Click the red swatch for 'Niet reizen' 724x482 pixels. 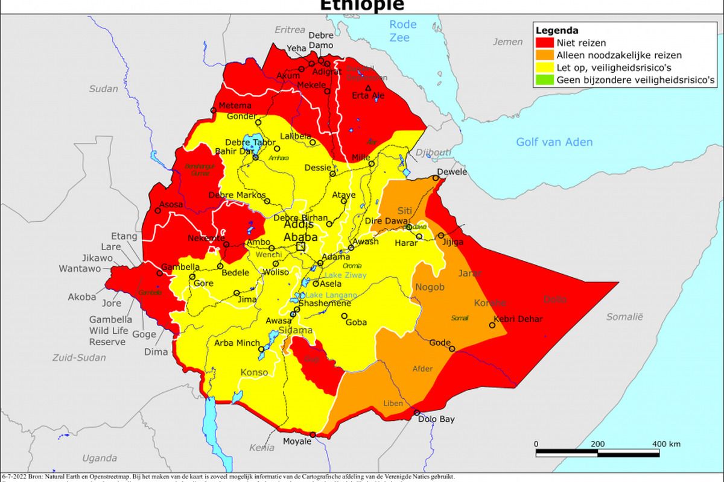click(x=544, y=43)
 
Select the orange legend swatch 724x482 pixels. click(x=544, y=55)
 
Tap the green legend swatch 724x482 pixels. click(x=544, y=80)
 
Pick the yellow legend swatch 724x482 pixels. click(x=544, y=67)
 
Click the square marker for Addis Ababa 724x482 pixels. click(x=300, y=246)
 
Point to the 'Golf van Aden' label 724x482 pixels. click(x=554, y=142)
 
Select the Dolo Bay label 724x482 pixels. click(x=436, y=419)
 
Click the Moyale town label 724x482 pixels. click(x=297, y=442)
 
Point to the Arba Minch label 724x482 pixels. click(x=237, y=343)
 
